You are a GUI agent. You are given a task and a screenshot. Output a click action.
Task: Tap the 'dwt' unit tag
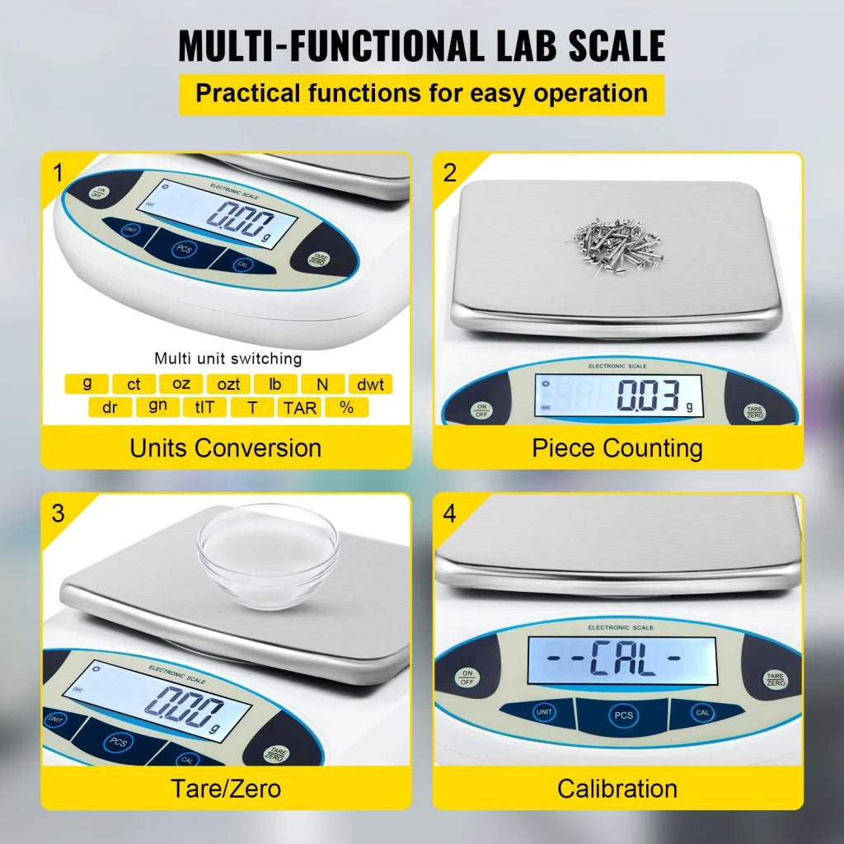tap(369, 384)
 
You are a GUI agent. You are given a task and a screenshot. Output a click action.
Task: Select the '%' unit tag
tap(347, 407)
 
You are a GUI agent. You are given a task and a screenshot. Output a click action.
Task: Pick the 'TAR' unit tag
tap(300, 407)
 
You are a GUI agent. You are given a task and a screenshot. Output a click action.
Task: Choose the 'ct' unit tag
tap(134, 384)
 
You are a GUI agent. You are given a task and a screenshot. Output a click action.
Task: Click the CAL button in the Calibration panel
tap(702, 713)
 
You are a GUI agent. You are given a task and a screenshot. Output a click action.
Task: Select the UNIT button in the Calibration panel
tap(544, 713)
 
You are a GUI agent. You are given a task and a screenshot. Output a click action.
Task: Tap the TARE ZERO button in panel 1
tap(316, 258)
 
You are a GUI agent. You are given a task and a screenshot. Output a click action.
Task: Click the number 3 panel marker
tap(57, 513)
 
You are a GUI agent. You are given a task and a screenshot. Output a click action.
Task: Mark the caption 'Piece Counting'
tap(617, 448)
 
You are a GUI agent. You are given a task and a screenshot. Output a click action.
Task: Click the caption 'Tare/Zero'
tap(226, 788)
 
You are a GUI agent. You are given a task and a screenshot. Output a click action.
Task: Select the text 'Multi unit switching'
tap(227, 359)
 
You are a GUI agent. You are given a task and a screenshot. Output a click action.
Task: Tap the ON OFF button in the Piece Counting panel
tap(482, 410)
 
